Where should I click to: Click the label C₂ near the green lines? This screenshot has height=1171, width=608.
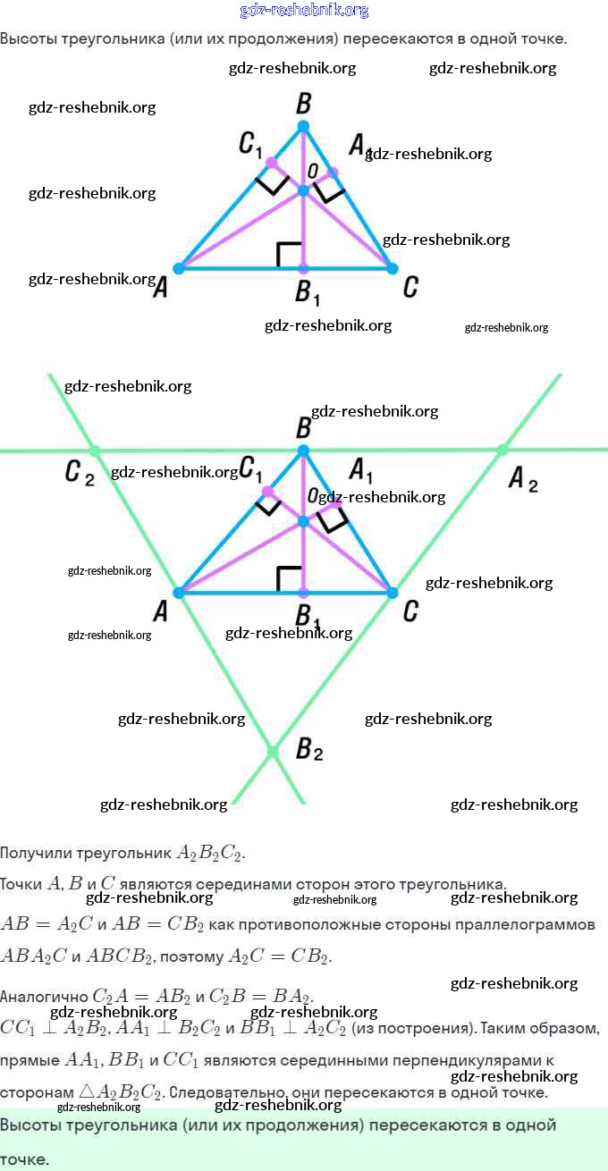point(79,472)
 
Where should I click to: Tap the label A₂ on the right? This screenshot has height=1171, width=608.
point(523,480)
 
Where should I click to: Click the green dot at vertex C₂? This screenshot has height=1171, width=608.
point(96,451)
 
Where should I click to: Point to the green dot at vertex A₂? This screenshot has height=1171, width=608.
point(502,450)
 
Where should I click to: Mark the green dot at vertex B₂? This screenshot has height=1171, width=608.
point(273,752)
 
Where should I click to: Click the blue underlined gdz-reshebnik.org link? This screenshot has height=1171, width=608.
point(304,11)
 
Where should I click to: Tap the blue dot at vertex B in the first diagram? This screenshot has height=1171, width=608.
point(303,126)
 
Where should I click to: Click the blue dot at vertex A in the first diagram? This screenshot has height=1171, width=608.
point(179,268)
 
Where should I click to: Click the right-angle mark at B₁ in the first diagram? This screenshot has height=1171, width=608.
point(288,254)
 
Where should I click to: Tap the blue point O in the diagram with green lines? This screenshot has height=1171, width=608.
point(303,520)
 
